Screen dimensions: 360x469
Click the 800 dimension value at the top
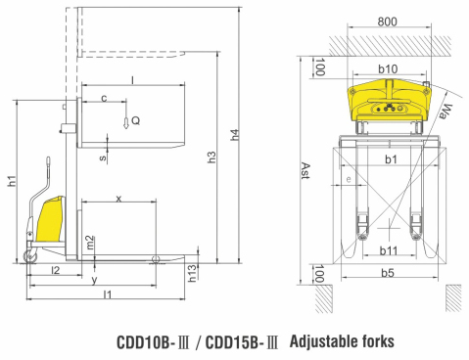tap(387, 20)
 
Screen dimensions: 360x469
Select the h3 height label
tap(211, 157)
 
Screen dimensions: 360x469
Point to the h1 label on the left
tap(11, 181)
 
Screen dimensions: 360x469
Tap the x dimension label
tap(118, 198)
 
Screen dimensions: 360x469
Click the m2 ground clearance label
tap(90, 241)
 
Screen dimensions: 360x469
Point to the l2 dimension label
tap(55, 269)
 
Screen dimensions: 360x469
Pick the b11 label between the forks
tap(389, 250)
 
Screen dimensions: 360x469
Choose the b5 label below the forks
tap(389, 275)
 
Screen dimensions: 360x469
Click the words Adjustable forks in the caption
tap(343, 341)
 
